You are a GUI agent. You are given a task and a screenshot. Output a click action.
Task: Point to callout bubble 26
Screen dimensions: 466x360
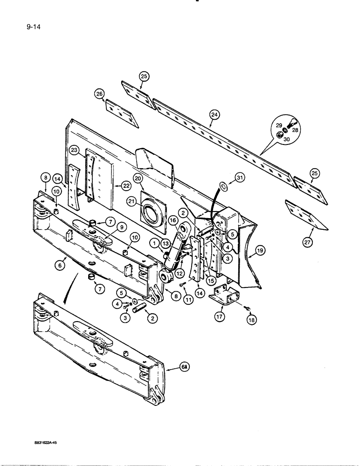coord(99,94)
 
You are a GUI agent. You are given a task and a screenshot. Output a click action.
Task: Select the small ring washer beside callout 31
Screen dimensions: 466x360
coord(224,187)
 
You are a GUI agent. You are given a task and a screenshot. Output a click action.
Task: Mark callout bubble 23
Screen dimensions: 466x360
coord(74,150)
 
